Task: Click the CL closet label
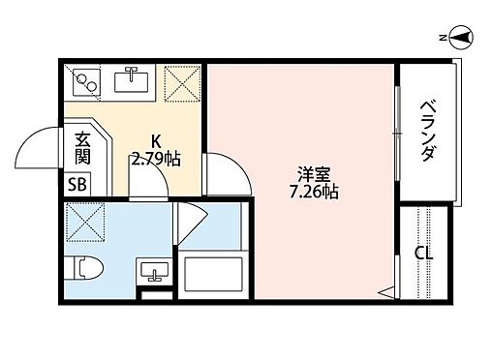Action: pos(422,254)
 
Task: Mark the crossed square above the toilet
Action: pos(83,224)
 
